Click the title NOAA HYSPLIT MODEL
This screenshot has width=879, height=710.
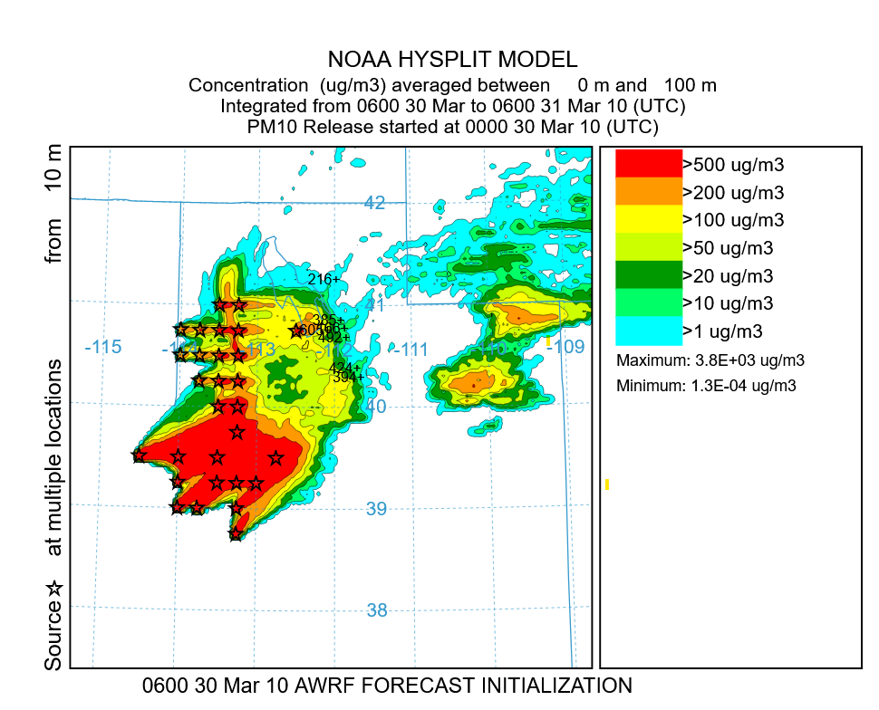452,60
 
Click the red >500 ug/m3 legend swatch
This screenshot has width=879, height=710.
648,164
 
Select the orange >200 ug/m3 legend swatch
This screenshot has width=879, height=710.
648,191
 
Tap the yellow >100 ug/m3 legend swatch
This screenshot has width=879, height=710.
648,219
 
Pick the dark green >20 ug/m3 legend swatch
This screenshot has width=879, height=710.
648,274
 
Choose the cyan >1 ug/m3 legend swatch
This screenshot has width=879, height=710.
648,331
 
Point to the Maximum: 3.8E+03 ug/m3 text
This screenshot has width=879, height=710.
710,360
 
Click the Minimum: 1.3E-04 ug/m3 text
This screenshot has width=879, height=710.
707,386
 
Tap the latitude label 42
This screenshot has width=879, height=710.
374,203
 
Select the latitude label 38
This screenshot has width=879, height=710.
378,610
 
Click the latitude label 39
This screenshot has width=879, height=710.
377,509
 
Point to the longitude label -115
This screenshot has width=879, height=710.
101,347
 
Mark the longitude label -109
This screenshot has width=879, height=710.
567,347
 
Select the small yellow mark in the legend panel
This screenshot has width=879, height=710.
606,485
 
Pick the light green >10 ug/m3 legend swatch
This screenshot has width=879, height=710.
648,302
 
